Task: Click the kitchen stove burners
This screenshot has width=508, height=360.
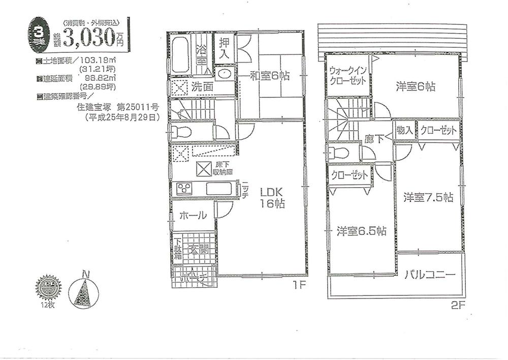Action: click(x=183, y=189)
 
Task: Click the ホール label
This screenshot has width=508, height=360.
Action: click(x=192, y=215)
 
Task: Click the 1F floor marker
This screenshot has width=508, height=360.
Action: click(x=299, y=285)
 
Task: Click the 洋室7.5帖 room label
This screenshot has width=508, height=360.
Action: click(x=428, y=197)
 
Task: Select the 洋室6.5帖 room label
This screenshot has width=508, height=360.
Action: click(x=361, y=231)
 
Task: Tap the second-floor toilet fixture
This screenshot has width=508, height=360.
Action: click(x=337, y=153)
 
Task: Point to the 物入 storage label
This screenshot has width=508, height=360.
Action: click(x=405, y=130)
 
